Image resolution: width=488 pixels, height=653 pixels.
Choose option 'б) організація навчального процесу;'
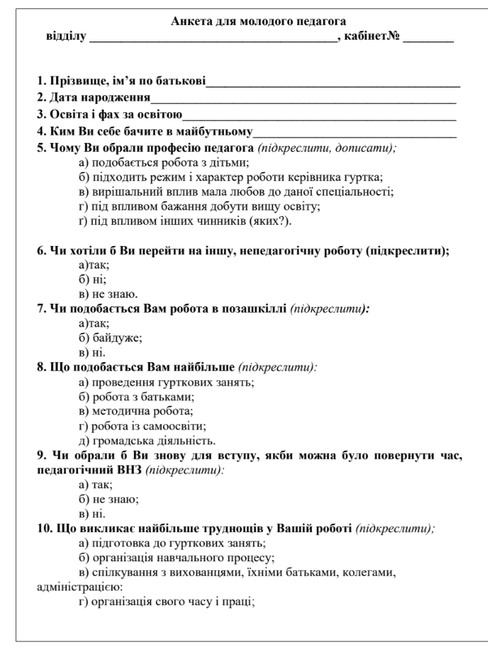coord(169,557)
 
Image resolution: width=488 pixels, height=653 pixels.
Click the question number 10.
coord(45,528)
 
